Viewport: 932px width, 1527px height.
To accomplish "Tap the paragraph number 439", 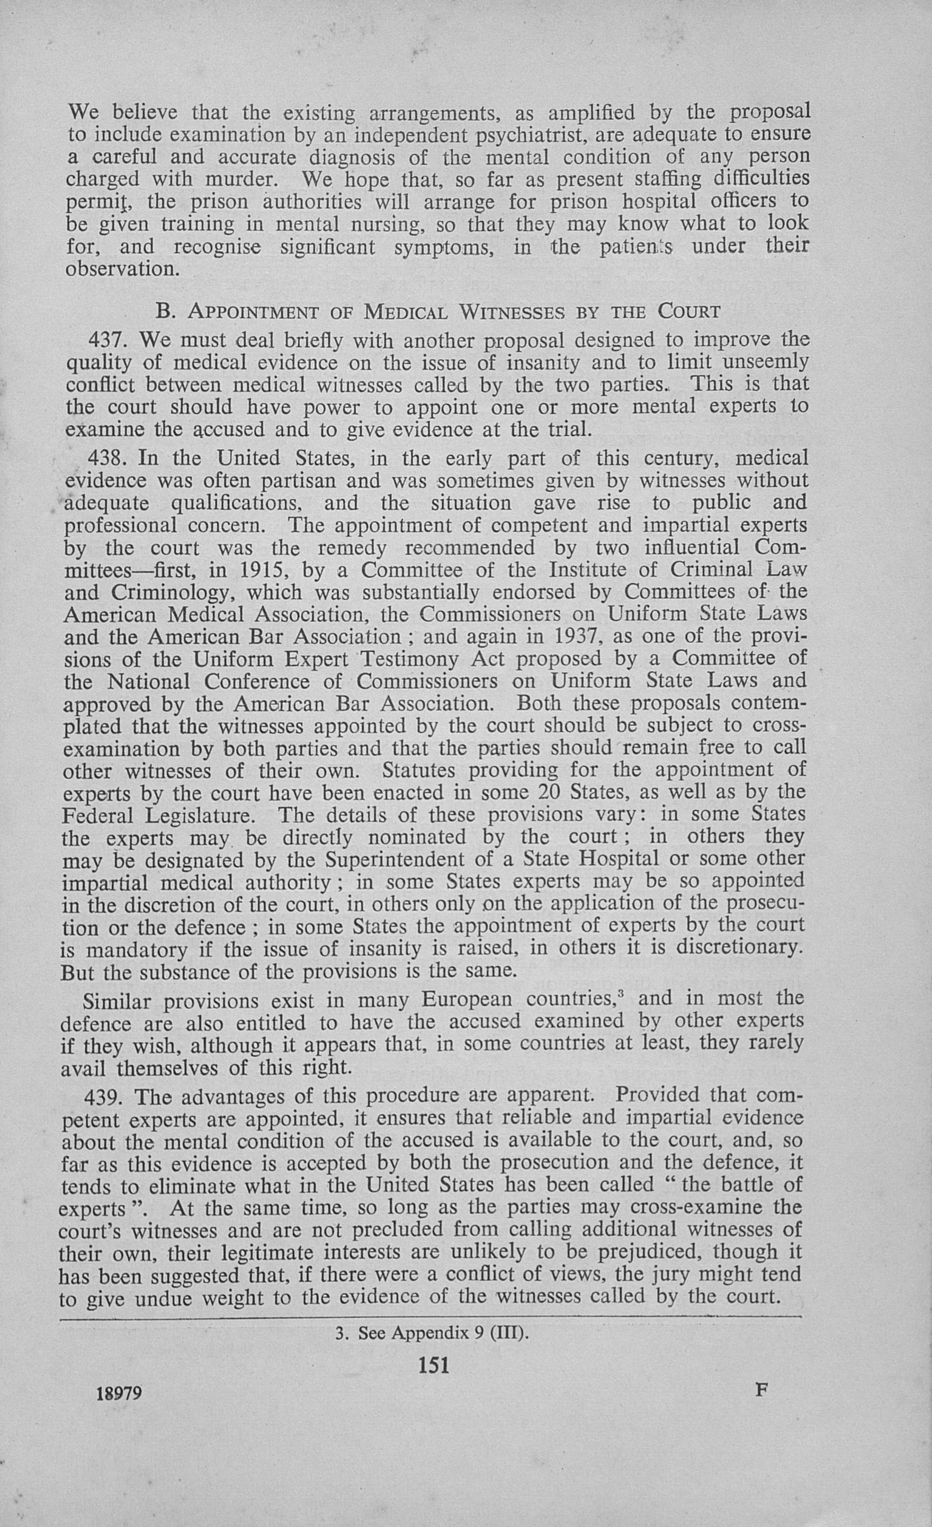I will [105, 1097].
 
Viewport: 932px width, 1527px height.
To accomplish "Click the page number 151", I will [434, 1366].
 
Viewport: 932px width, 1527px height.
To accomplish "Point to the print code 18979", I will [120, 1393].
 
